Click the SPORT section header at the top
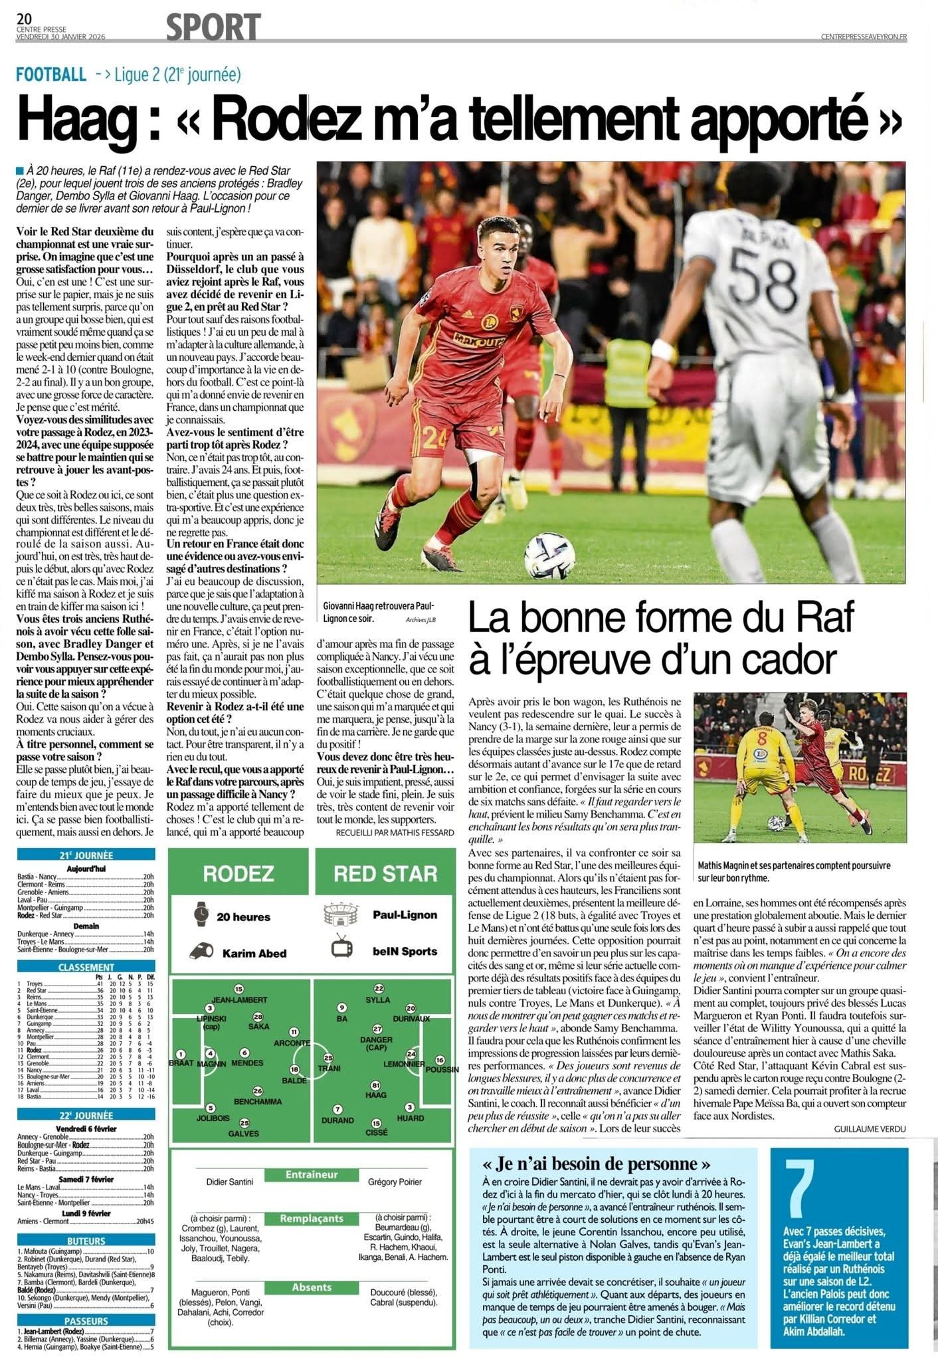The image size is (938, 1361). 213,27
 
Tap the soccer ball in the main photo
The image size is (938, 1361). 549,555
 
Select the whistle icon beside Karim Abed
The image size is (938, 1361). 200,952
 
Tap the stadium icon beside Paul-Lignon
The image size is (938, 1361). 341,914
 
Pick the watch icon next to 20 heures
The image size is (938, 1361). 201,916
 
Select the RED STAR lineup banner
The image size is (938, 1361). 385,874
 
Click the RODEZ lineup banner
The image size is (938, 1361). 238,873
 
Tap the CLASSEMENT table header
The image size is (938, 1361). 86,968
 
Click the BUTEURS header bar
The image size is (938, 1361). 86,1241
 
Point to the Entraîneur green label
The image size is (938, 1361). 312,1174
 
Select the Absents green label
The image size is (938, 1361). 312,1287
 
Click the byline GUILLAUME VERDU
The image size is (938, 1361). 870,1129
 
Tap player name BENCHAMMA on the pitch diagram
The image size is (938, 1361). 258,1101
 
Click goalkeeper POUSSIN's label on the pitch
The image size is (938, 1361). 442,1069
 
